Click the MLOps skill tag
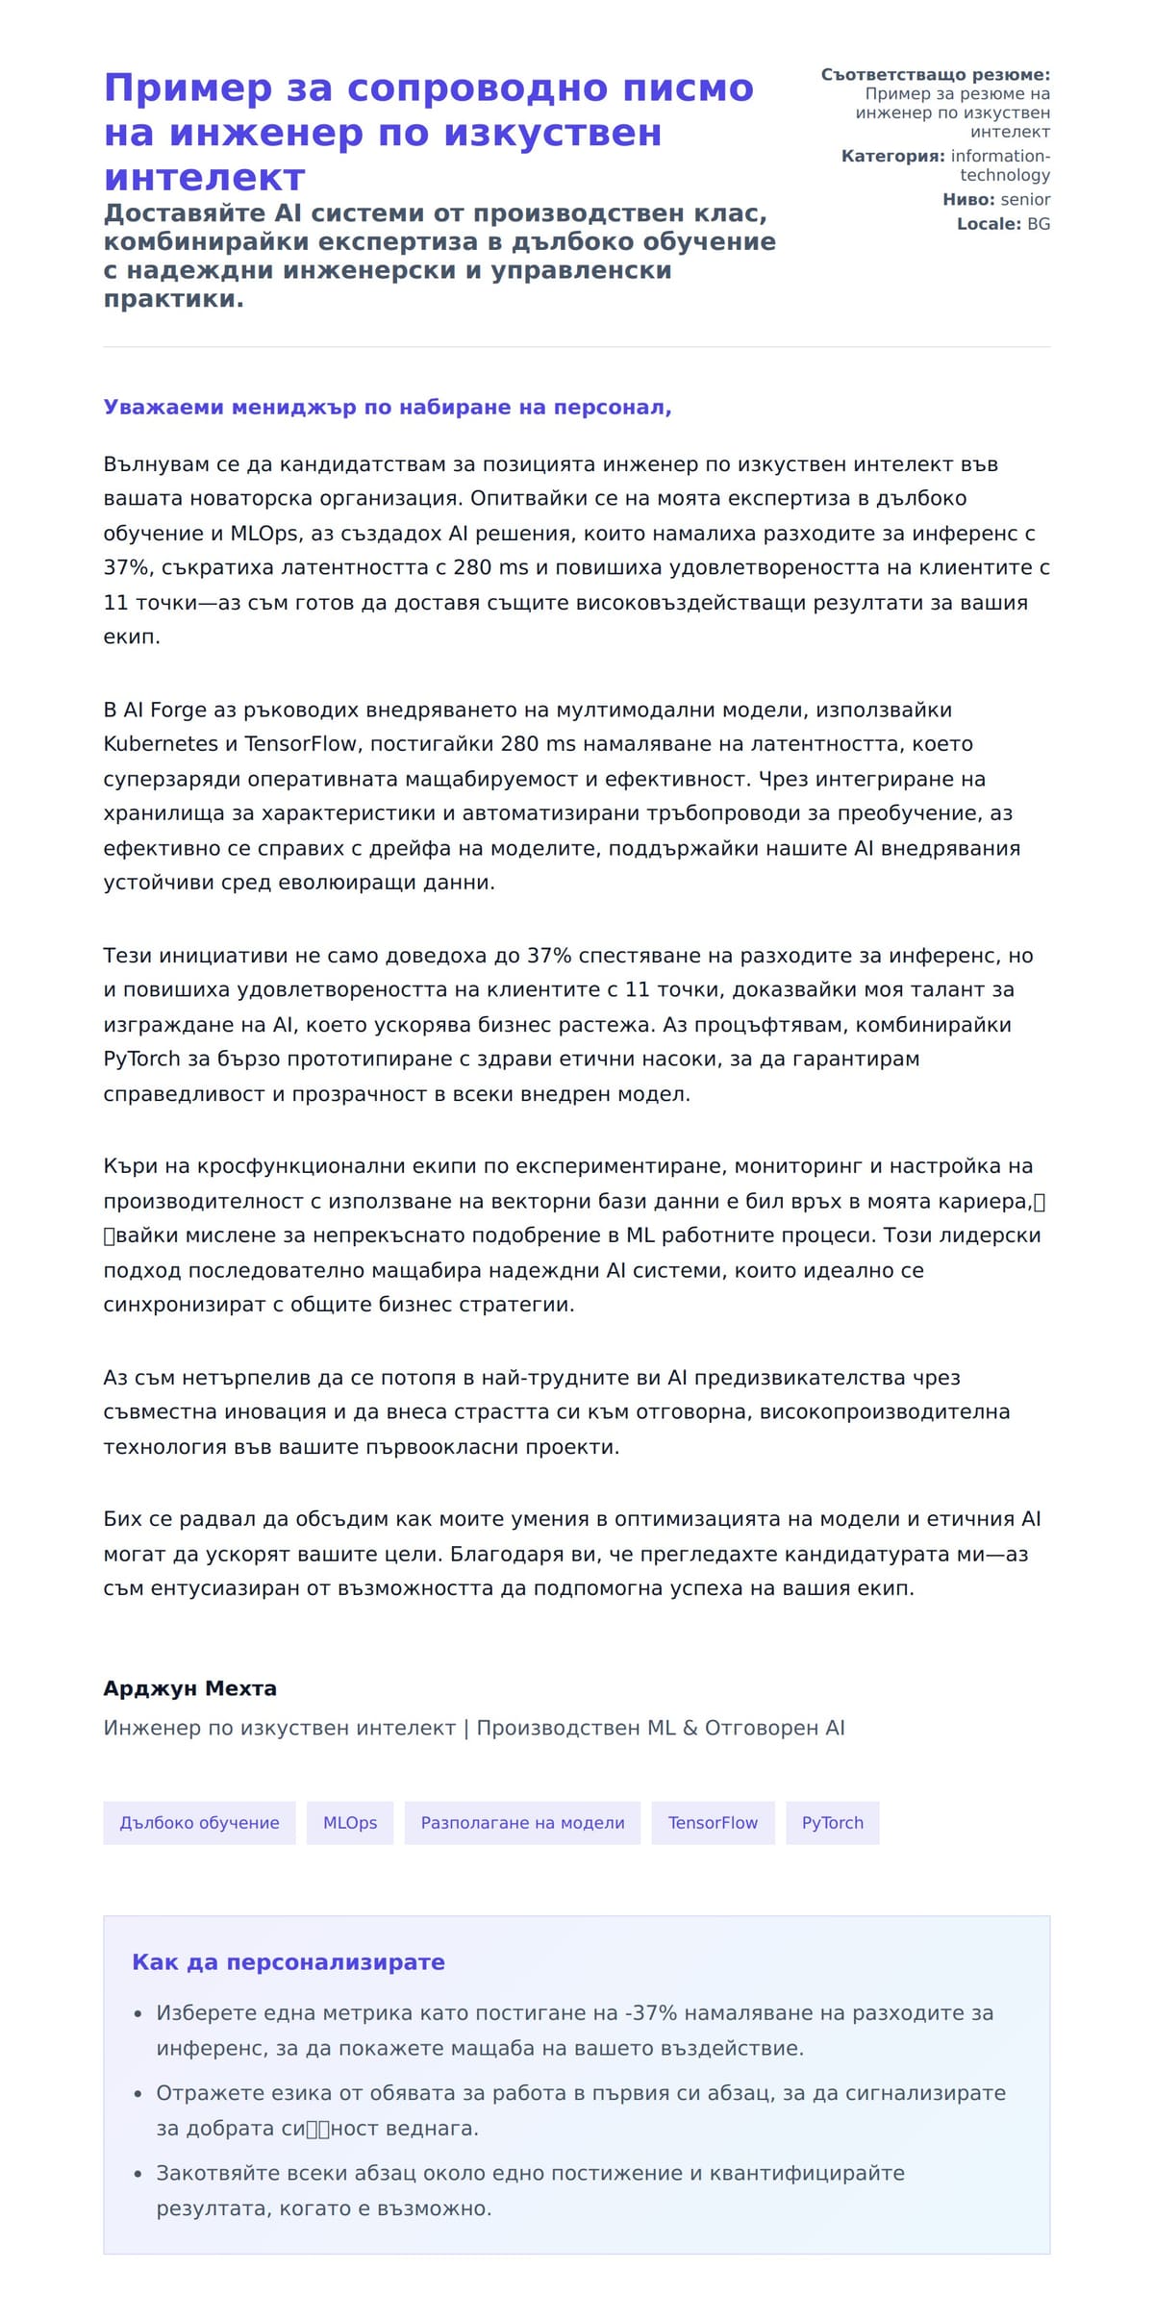pyautogui.click(x=350, y=1823)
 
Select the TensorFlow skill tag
pyautogui.click(x=713, y=1823)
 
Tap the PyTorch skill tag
pyautogui.click(x=832, y=1823)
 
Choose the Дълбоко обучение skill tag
pyautogui.click(x=199, y=1823)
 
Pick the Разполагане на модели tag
pyautogui.click(x=522, y=1823)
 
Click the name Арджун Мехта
pyautogui.click(x=190, y=1688)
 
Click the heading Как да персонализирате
pyautogui.click(x=288, y=1962)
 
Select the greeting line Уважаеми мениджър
pyautogui.click(x=388, y=408)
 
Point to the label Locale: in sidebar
pyautogui.click(x=989, y=224)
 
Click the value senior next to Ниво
pyautogui.click(x=1025, y=200)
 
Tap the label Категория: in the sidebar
pyautogui.click(x=892, y=157)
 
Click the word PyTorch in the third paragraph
pyautogui.click(x=141, y=1060)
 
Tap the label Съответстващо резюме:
pyautogui.click(x=935, y=75)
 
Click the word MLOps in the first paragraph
pyautogui.click(x=264, y=534)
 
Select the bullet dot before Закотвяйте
pyautogui.click(x=138, y=2174)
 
